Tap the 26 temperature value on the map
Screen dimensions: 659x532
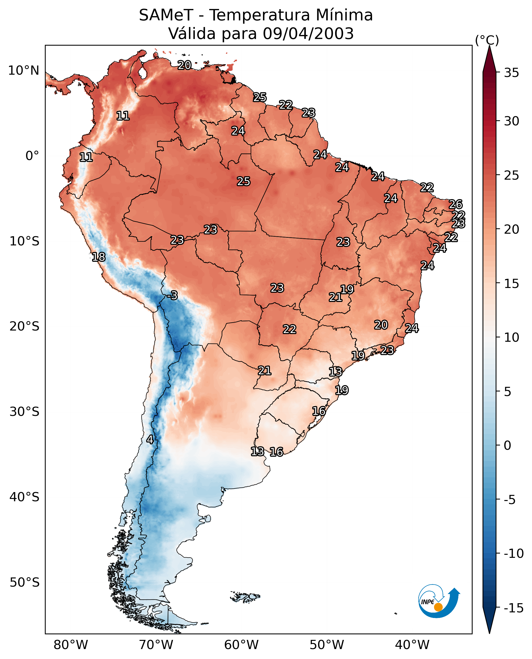tap(455, 204)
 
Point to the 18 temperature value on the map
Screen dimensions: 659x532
tap(98, 257)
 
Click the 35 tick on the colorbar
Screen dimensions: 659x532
tap(511, 73)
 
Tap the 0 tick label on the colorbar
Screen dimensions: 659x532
tap(508, 445)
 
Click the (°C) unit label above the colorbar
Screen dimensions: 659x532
tap(487, 40)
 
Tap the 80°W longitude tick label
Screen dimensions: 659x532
tap(71, 645)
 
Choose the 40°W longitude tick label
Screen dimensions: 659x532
tap(412, 645)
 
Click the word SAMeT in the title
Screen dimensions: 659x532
tap(166, 15)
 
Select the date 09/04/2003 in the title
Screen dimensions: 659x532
tap(308, 33)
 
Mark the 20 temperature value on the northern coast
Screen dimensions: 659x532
tap(184, 65)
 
